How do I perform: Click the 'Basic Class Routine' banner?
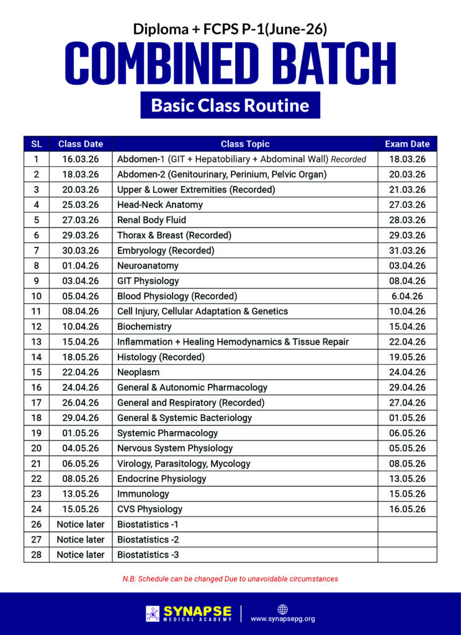[x=230, y=105]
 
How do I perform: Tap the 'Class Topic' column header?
[x=245, y=144]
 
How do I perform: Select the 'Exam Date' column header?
[x=407, y=144]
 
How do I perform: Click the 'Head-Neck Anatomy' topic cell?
[x=159, y=205]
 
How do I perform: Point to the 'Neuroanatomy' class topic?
[x=148, y=265]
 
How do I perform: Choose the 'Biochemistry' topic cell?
[x=144, y=326]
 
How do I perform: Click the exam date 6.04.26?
[x=407, y=296]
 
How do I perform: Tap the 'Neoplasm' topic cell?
[x=138, y=372]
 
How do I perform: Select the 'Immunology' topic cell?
[x=143, y=494]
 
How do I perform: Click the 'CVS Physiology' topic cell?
[x=150, y=509]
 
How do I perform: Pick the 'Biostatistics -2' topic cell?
[x=148, y=540]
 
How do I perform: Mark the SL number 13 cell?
[x=37, y=342]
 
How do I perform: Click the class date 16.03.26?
[x=81, y=159]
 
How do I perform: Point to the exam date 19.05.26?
[x=407, y=357]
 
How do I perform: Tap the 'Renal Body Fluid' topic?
[x=151, y=220]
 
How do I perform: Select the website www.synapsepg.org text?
[x=283, y=618]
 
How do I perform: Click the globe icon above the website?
[x=283, y=608]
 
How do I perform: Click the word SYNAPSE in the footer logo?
[x=197, y=610]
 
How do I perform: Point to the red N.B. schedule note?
[x=230, y=579]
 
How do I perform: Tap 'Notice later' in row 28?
[x=81, y=554]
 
